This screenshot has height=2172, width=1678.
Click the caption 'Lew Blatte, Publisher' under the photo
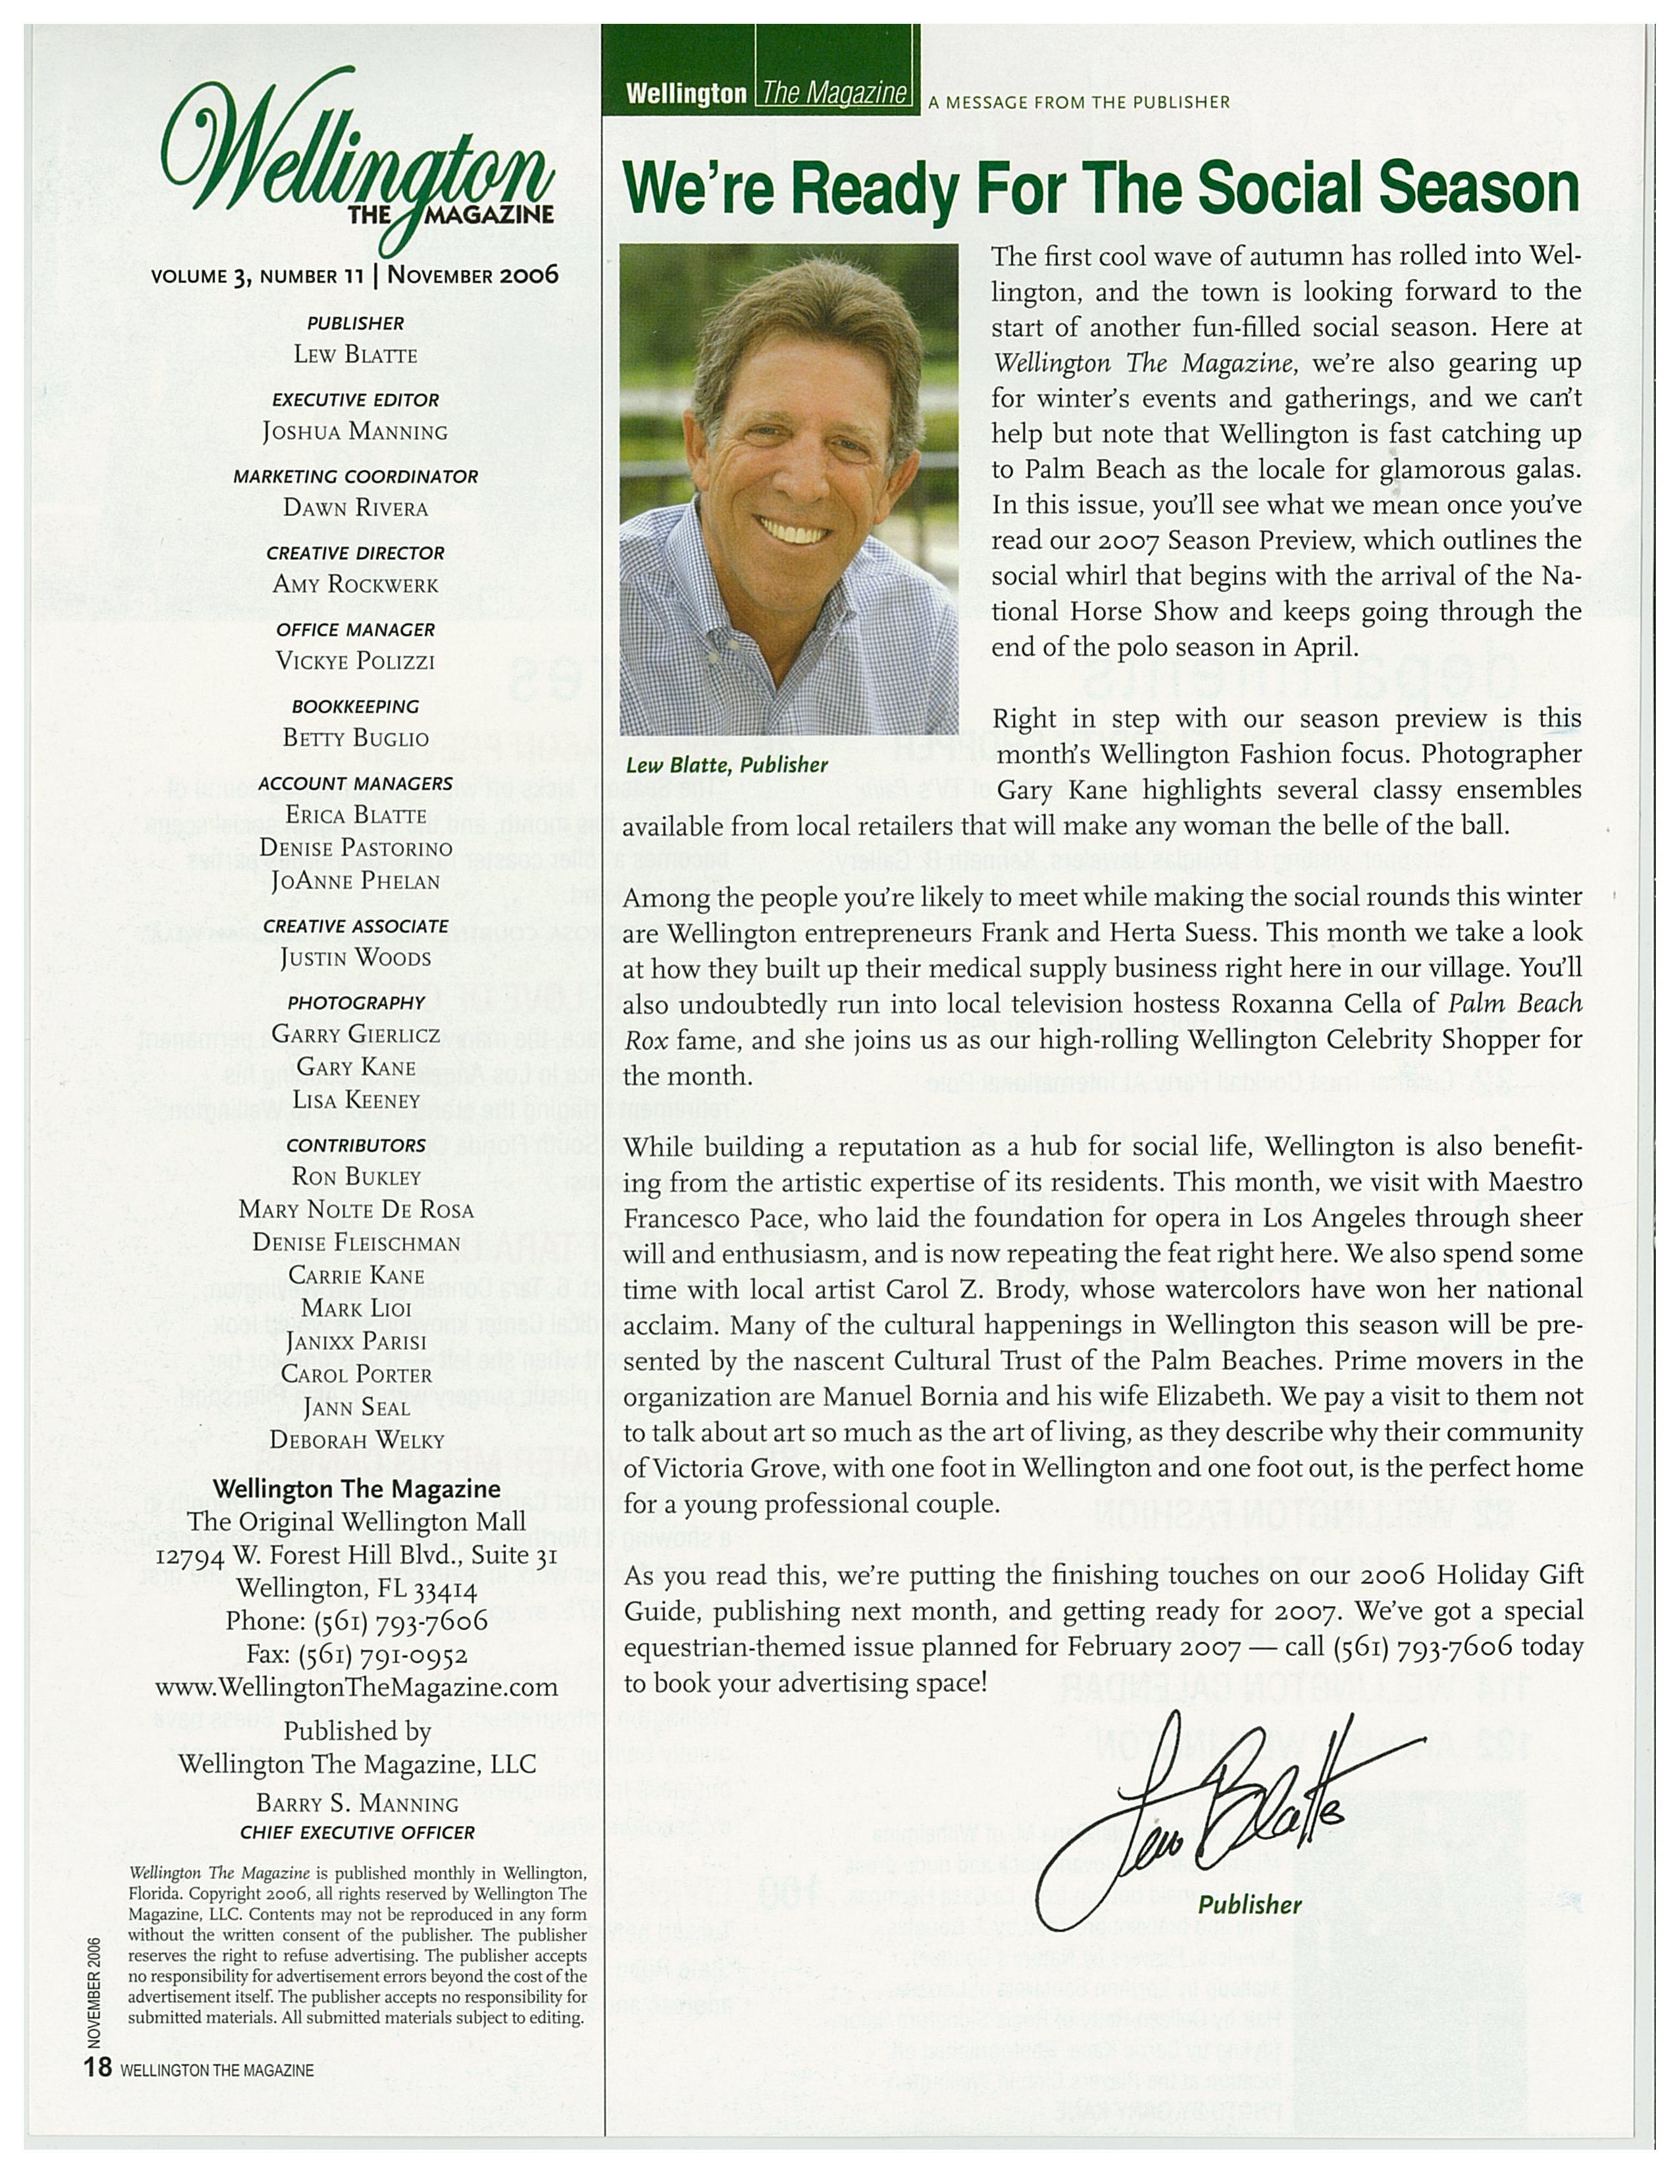point(726,765)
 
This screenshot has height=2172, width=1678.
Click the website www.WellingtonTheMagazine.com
point(357,1688)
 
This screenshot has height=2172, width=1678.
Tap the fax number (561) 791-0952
point(357,1654)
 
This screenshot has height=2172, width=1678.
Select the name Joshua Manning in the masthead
point(355,432)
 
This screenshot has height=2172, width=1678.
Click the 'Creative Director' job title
point(355,553)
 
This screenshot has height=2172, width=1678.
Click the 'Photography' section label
point(356,1002)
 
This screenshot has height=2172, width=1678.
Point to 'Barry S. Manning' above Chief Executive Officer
point(357,1803)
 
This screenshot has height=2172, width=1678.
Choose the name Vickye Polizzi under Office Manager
point(355,661)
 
